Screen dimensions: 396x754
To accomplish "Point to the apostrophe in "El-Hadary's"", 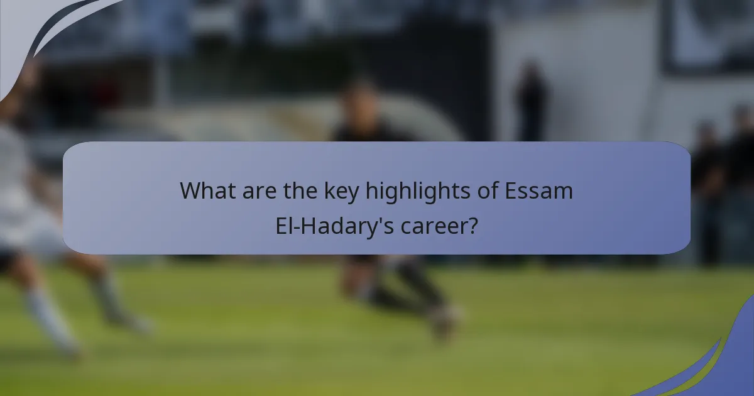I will (376, 219).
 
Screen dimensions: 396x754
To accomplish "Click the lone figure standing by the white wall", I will (531, 101).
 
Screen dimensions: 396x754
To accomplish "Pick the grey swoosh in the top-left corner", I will (38, 31).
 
